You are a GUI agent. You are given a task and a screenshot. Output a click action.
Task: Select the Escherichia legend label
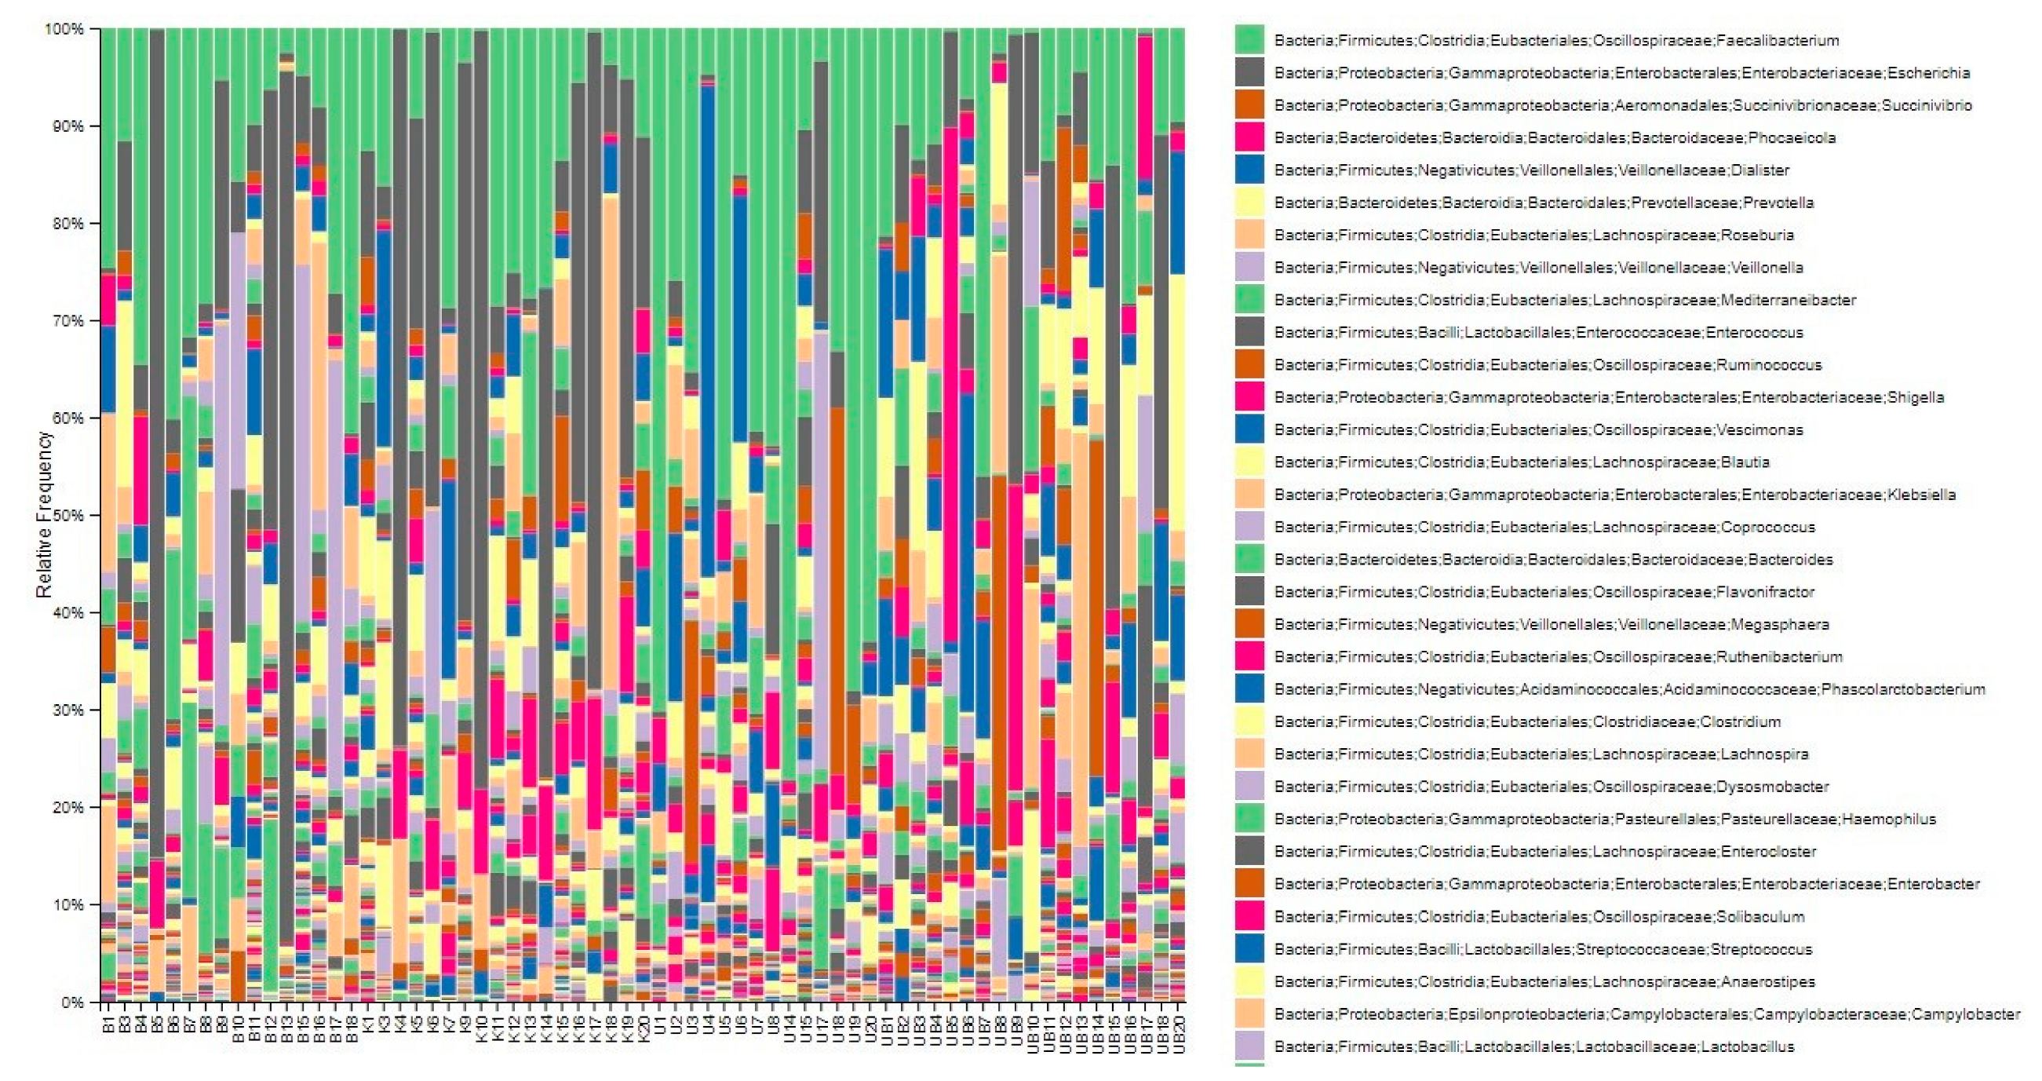(x=1621, y=73)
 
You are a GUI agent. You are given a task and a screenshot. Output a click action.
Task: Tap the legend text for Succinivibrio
(x=1622, y=105)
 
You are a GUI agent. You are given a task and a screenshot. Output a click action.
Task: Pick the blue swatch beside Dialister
(x=1249, y=170)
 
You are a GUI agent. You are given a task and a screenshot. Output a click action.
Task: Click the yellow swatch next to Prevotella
(x=1249, y=203)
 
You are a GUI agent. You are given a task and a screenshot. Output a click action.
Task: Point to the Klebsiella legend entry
(x=1614, y=495)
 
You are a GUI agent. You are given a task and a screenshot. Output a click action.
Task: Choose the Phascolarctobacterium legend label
(x=1629, y=689)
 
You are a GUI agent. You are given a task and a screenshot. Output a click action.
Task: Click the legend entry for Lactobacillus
(x=1533, y=1046)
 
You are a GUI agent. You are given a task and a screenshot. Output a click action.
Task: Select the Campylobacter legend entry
(x=1646, y=1013)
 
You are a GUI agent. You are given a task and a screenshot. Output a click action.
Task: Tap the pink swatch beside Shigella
(x=1249, y=396)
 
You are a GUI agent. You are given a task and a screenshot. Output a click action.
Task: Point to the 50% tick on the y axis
(x=68, y=516)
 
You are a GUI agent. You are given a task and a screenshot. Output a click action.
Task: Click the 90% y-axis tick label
(x=68, y=126)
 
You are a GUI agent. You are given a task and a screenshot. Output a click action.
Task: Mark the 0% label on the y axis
(x=72, y=1002)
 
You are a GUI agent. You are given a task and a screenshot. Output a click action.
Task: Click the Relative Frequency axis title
(x=44, y=516)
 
